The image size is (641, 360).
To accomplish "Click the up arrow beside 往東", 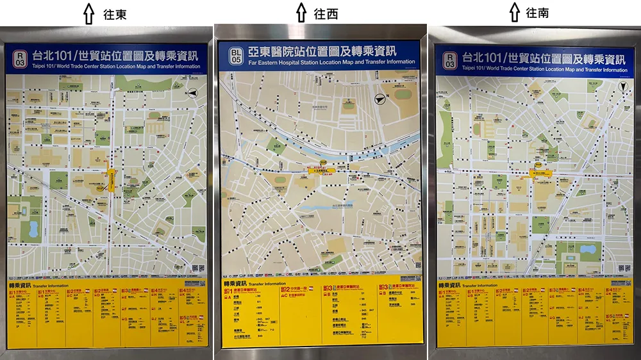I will [90, 13].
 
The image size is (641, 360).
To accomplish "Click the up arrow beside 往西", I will [301, 13].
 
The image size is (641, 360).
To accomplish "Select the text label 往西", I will [326, 13].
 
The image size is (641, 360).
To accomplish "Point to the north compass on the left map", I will [192, 94].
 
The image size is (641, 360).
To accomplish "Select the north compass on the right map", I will [622, 86].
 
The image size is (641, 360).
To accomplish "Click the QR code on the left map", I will [201, 269].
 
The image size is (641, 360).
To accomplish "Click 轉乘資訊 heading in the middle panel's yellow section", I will [235, 282].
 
